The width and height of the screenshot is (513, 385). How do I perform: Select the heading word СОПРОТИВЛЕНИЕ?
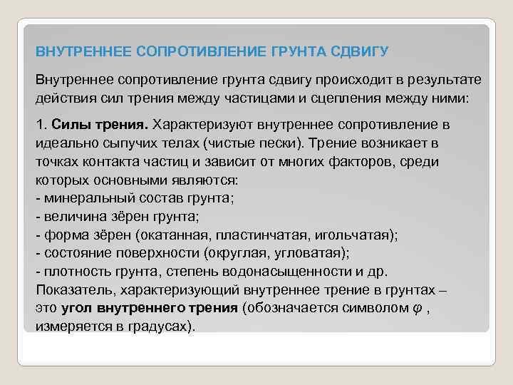187,52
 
